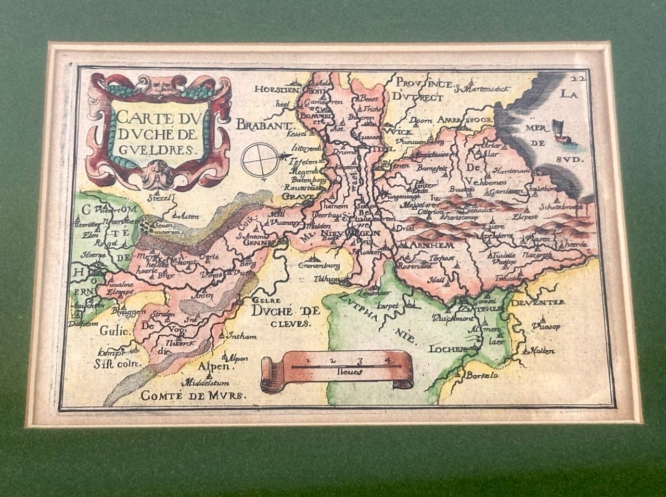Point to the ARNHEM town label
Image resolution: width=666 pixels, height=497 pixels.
pos(424,245)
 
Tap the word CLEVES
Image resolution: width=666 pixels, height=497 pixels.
pos(290,323)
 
